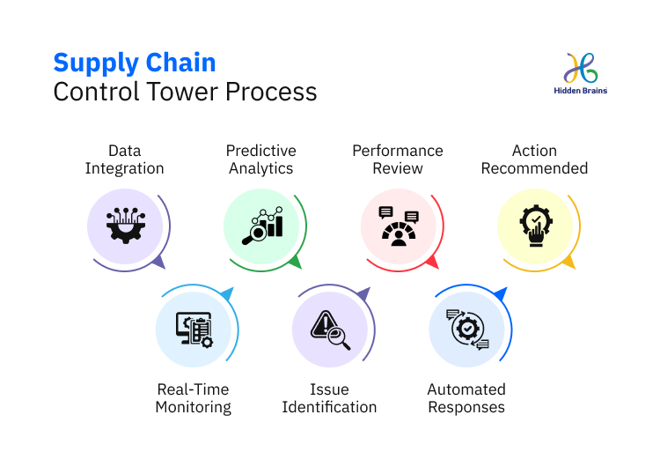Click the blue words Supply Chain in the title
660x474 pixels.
pyautogui.click(x=135, y=63)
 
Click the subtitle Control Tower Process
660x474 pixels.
pyautogui.click(x=185, y=92)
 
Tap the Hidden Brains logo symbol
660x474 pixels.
pyautogui.click(x=581, y=68)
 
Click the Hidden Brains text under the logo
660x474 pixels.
pyautogui.click(x=581, y=91)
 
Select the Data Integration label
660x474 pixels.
pyautogui.click(x=125, y=159)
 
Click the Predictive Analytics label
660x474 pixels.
pyautogui.click(x=260, y=159)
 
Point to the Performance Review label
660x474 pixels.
pyautogui.click(x=398, y=159)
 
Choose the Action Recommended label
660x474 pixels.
pyautogui.click(x=534, y=159)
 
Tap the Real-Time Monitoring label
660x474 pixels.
pyautogui.click(x=193, y=398)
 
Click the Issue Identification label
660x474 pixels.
pyautogui.click(x=329, y=398)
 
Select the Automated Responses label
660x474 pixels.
pyautogui.click(x=466, y=398)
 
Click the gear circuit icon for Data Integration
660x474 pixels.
pyautogui.click(x=125, y=226)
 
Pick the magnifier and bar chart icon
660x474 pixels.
pyautogui.click(x=261, y=226)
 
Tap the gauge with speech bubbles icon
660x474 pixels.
pyautogui.click(x=398, y=226)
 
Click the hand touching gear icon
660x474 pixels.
pyautogui.click(x=535, y=226)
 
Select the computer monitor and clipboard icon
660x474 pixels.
pyautogui.click(x=194, y=329)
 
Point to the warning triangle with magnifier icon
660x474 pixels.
pyautogui.click(x=330, y=329)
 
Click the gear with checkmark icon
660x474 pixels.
pyautogui.click(x=467, y=329)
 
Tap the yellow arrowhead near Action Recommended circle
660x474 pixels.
pyautogui.click(x=568, y=262)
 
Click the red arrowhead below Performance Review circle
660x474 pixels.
pyautogui.click(x=431, y=262)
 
